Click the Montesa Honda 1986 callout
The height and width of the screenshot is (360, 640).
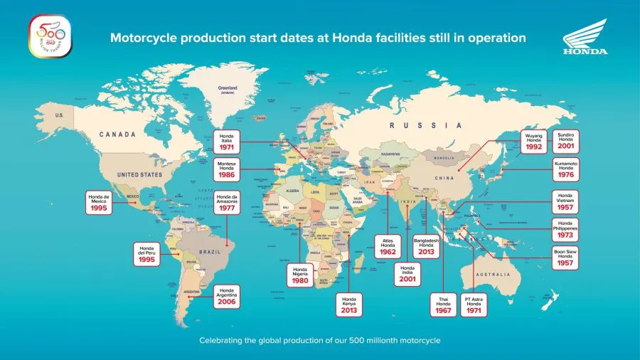click(228, 169)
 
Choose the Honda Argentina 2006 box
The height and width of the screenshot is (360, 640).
click(228, 295)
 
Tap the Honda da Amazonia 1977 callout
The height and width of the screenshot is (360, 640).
click(228, 203)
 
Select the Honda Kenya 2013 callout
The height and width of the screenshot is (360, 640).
click(349, 305)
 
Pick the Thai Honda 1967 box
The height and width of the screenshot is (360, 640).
click(443, 305)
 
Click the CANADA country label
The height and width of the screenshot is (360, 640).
click(117, 133)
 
